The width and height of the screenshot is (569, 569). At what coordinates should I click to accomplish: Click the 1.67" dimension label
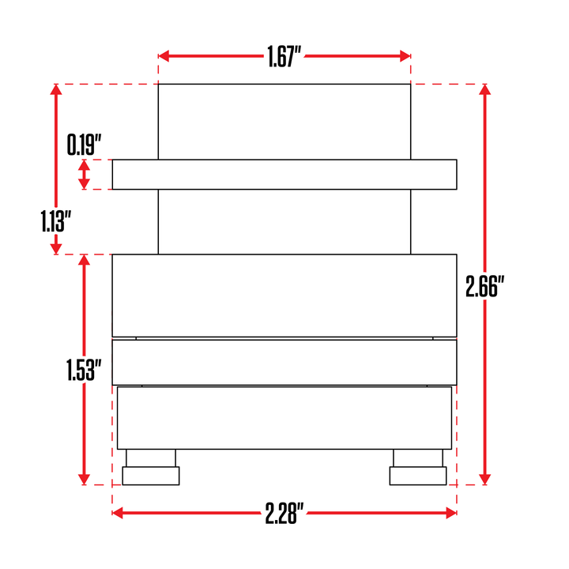284,57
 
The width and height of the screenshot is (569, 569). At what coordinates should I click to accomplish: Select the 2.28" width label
284,513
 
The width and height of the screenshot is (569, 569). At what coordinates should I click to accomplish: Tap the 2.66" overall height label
484,286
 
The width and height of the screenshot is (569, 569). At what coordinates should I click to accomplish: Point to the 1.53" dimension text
84,370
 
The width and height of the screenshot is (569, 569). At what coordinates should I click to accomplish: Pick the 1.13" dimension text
55,221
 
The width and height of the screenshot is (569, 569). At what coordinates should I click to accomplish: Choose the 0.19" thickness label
84,145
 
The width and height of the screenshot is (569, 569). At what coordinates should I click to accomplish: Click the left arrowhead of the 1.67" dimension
164,56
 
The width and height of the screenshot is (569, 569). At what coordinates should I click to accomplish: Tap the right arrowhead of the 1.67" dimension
405,56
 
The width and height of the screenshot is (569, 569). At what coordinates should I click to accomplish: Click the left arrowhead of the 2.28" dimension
118,513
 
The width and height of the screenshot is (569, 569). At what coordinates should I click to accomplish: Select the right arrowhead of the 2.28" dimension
451,513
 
